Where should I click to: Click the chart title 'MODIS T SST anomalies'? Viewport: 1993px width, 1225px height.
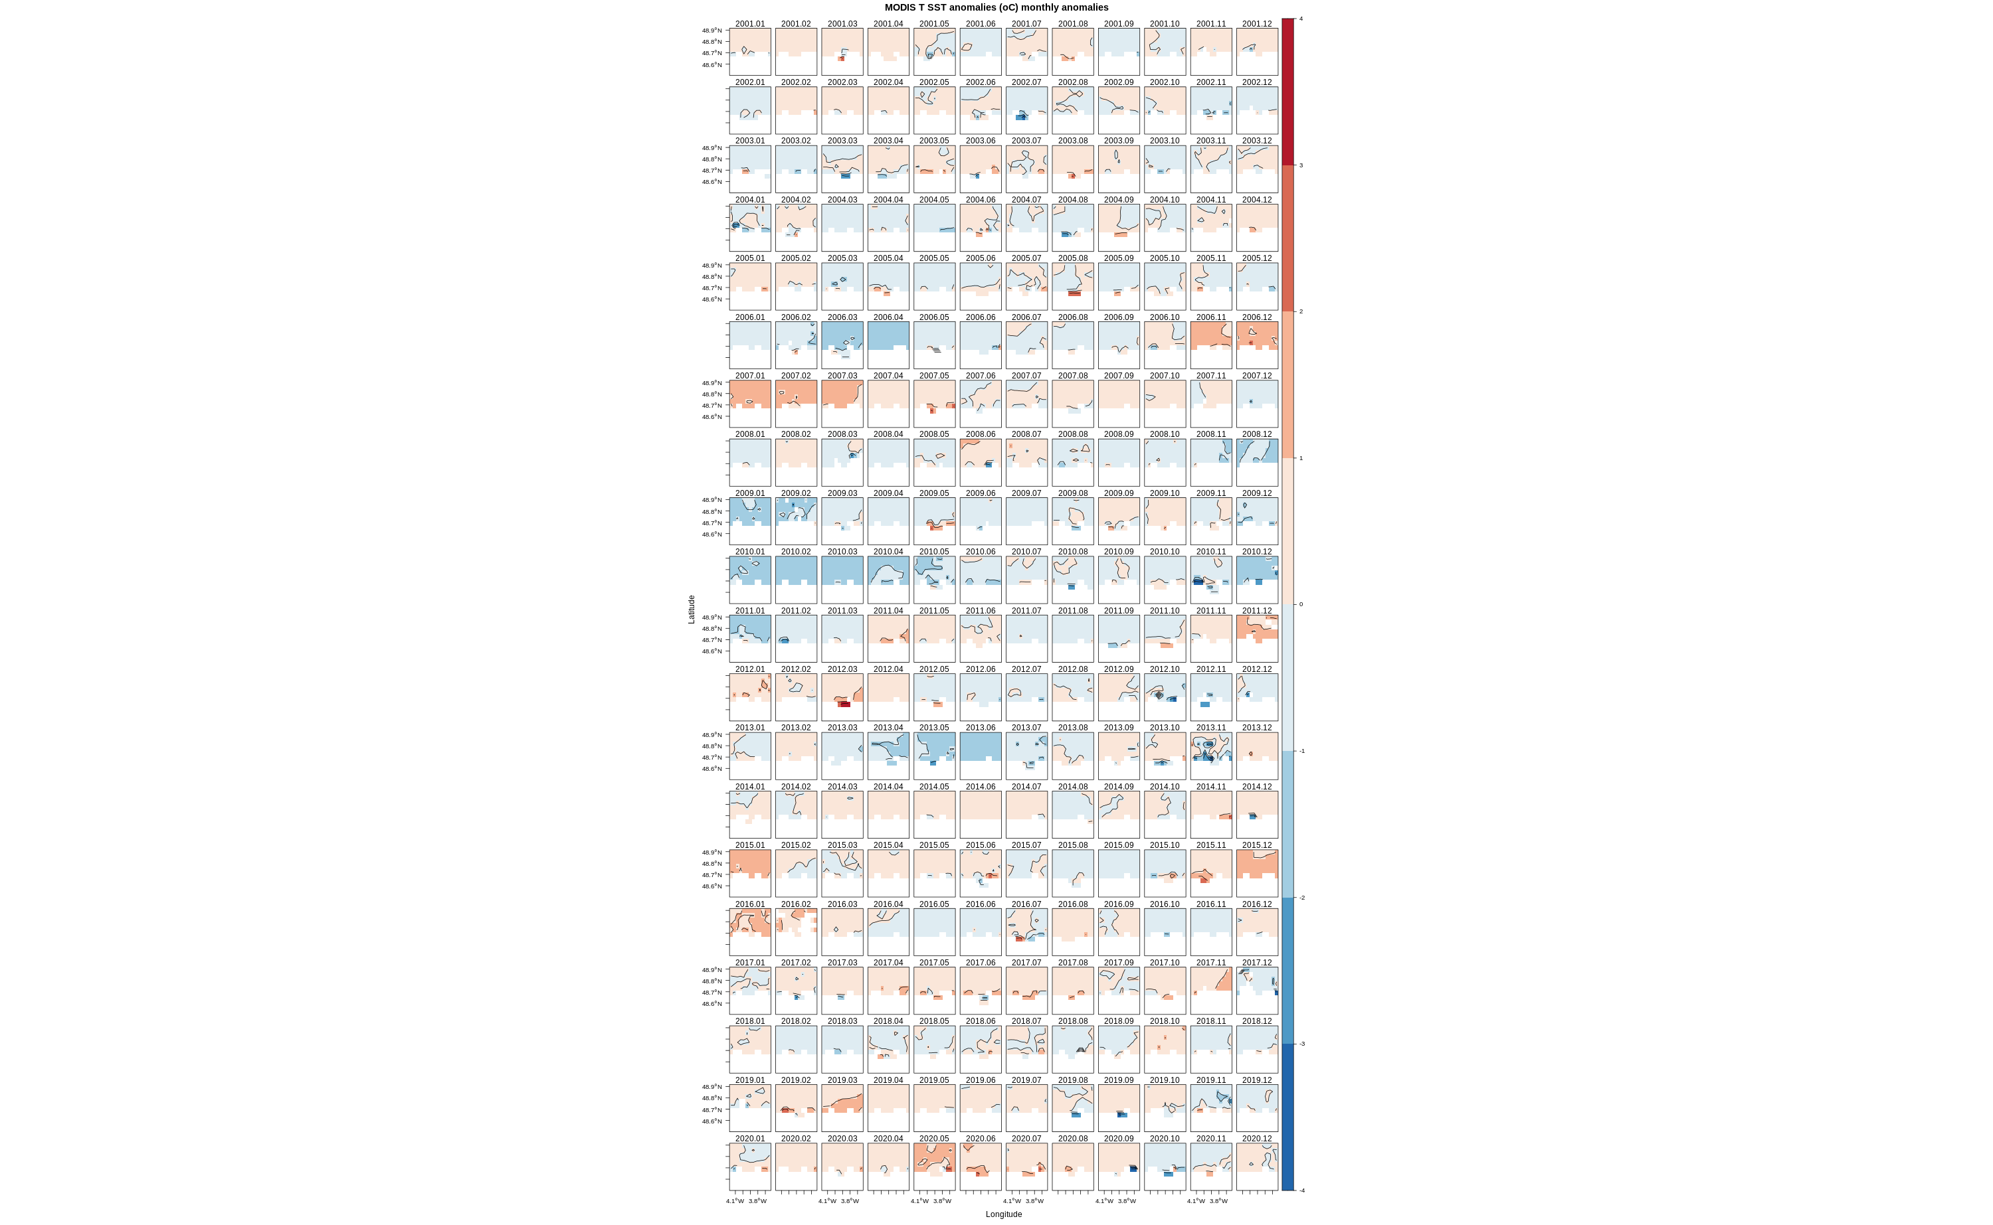[x=996, y=7]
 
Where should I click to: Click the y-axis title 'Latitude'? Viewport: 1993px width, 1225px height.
[x=692, y=610]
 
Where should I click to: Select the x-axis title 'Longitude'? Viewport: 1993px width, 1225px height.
[x=1003, y=1214]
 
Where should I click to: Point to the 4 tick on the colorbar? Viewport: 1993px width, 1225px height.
[x=1301, y=19]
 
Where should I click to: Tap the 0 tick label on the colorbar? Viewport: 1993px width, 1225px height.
[x=1301, y=604]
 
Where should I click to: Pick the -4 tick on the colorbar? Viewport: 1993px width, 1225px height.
[x=1301, y=1190]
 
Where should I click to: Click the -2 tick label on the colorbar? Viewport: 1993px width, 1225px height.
[x=1301, y=898]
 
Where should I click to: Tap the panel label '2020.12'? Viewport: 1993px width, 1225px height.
[x=1256, y=1138]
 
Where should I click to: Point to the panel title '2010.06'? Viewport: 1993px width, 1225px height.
[x=980, y=552]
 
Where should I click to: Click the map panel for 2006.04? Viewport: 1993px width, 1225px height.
[x=888, y=346]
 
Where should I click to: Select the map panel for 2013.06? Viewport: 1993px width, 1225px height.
[x=980, y=756]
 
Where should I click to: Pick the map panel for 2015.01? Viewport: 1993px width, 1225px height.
[x=750, y=873]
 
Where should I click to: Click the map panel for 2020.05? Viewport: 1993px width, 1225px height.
[x=933, y=1167]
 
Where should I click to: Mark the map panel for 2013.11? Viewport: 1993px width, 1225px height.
[x=1211, y=756]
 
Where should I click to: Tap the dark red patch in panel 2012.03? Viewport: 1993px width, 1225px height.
[x=844, y=704]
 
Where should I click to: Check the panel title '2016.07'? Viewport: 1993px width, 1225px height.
[x=1026, y=904]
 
